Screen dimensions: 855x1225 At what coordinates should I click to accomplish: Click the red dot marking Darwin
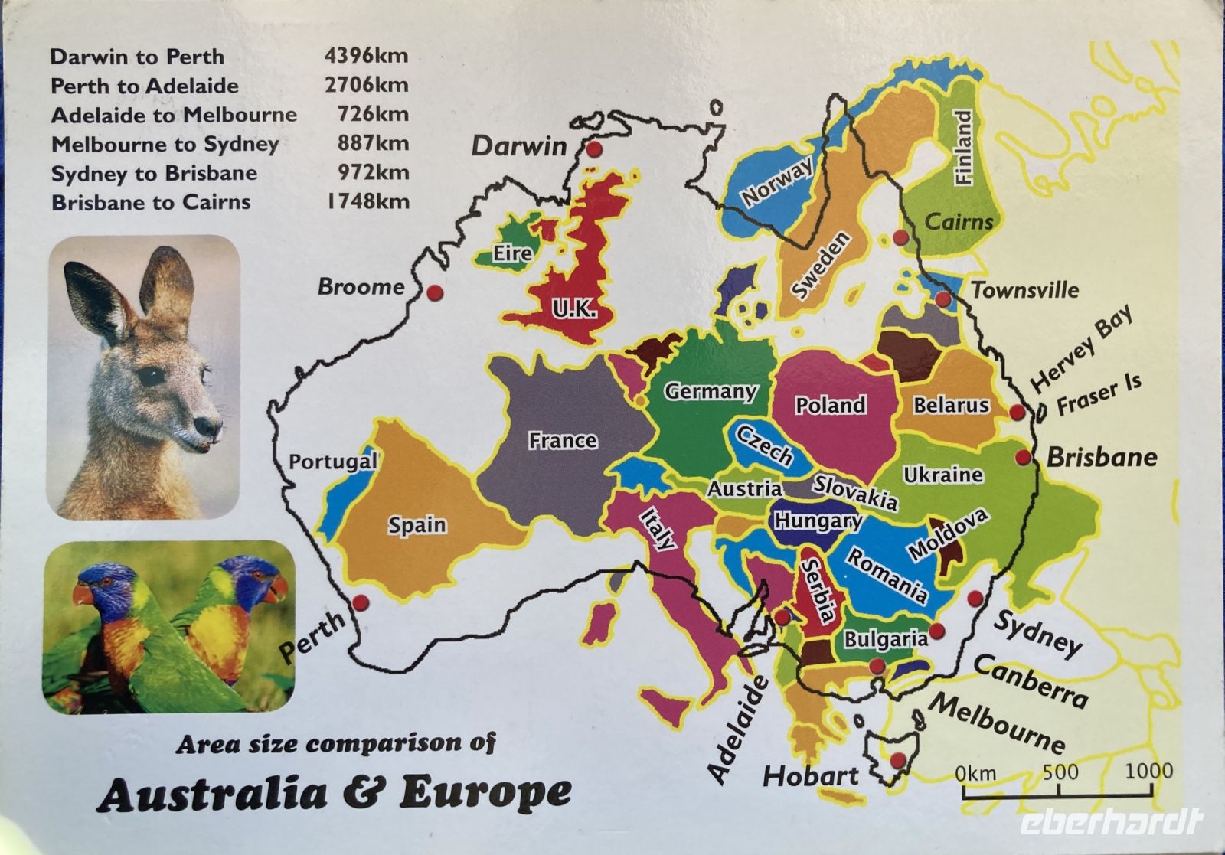594,151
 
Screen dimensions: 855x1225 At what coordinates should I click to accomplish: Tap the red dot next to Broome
435,292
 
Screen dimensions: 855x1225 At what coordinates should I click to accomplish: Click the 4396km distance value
366,55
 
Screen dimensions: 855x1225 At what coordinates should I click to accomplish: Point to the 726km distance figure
373,114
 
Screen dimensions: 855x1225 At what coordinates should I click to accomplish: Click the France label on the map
562,441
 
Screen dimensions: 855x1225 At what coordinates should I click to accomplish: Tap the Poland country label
830,405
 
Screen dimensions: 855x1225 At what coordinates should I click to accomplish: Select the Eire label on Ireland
512,253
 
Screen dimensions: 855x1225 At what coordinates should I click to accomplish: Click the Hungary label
818,521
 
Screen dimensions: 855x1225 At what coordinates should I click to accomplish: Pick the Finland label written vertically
963,147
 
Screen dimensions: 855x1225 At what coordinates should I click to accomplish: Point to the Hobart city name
810,776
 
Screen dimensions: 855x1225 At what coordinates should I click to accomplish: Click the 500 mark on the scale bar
1060,772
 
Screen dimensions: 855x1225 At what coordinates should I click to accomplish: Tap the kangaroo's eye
152,377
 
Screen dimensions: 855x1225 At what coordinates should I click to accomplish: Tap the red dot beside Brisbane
1023,458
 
